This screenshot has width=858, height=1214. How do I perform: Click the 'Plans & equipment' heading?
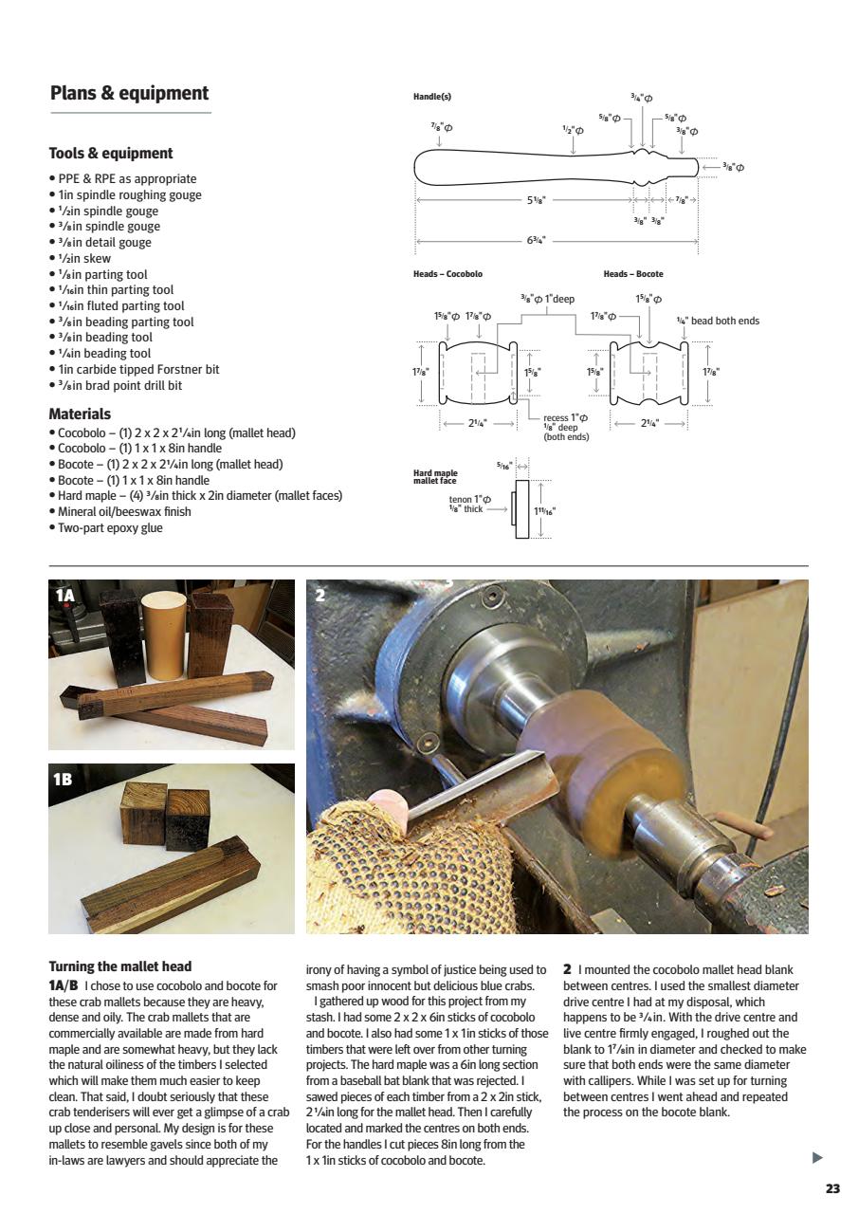pos(129,93)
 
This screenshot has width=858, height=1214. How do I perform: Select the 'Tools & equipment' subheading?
pos(111,154)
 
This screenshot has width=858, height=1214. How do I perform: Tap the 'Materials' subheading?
pos(80,414)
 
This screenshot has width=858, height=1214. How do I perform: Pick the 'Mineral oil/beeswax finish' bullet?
pos(123,511)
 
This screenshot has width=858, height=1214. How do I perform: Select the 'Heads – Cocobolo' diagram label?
pos(447,274)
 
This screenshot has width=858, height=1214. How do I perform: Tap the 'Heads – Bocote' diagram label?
pos(633,274)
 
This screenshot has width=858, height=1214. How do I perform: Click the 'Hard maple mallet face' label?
pos(435,476)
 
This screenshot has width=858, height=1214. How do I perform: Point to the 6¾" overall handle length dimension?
pos(537,241)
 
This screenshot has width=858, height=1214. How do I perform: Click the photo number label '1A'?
pos(64,596)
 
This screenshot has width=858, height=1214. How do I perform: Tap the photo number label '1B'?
pos(64,779)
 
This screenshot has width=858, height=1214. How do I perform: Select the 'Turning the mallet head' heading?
pos(119,967)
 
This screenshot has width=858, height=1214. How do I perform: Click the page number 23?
pos(832,1188)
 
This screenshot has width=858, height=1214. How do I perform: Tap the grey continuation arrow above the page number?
pos(818,1157)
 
